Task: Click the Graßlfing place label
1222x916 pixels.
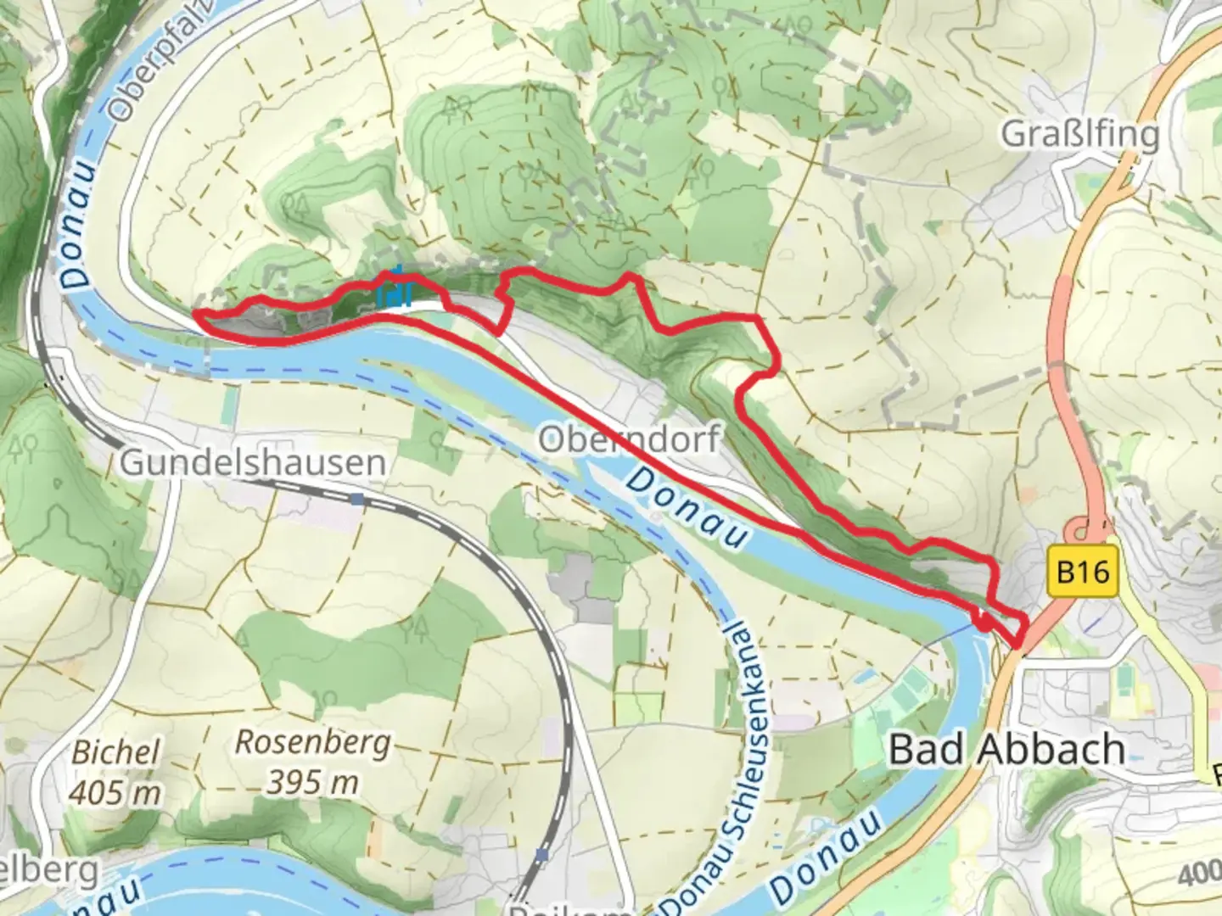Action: (x=1079, y=134)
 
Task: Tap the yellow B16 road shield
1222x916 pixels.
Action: (x=1084, y=572)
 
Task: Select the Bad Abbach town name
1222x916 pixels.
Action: (x=1007, y=750)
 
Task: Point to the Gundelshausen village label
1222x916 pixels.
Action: (x=253, y=463)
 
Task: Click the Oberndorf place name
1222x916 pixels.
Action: (x=630, y=439)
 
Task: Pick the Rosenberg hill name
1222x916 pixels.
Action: (x=312, y=743)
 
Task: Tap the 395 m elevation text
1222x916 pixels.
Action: (x=312, y=782)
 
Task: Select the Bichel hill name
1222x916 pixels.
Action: (x=115, y=751)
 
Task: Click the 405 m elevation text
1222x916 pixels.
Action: (x=115, y=792)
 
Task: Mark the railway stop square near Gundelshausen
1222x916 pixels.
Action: (x=357, y=500)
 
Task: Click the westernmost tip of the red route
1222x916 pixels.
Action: (x=197, y=314)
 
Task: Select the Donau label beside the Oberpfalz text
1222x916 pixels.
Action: (x=78, y=229)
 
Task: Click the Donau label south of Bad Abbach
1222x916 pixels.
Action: (x=827, y=857)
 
